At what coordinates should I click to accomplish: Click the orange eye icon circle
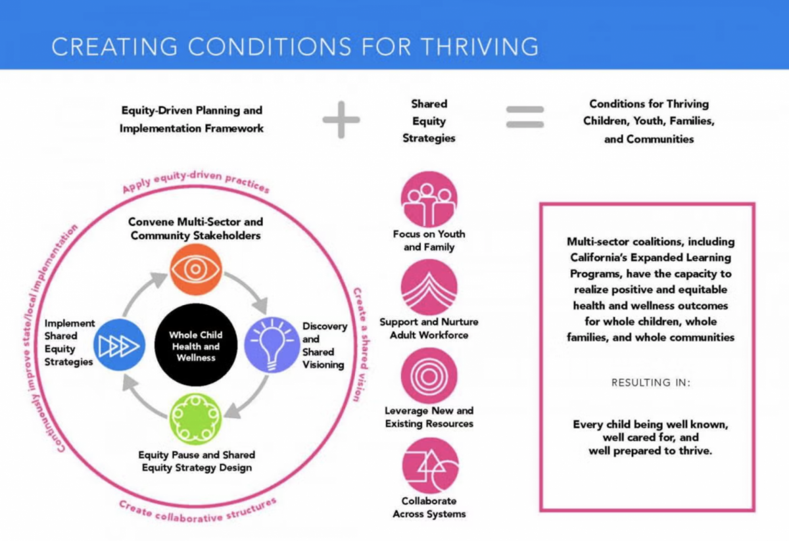tap(196, 269)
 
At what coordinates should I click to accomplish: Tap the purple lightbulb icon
tap(272, 344)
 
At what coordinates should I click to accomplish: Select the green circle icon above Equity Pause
tap(196, 419)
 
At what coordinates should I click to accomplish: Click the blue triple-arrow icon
tap(121, 344)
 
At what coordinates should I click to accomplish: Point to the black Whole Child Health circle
tap(196, 344)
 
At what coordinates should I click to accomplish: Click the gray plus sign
tap(341, 120)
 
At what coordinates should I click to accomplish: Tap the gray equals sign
tap(525, 117)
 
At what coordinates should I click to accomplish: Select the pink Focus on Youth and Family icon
tap(429, 200)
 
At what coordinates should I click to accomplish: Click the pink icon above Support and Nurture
tap(429, 287)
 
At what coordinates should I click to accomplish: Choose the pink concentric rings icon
tap(429, 375)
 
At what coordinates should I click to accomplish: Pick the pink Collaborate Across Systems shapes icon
tap(430, 465)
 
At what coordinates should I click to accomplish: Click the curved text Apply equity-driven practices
tap(196, 178)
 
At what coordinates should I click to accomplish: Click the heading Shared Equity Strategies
tap(429, 121)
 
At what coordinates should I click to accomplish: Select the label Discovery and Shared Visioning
tap(323, 345)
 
